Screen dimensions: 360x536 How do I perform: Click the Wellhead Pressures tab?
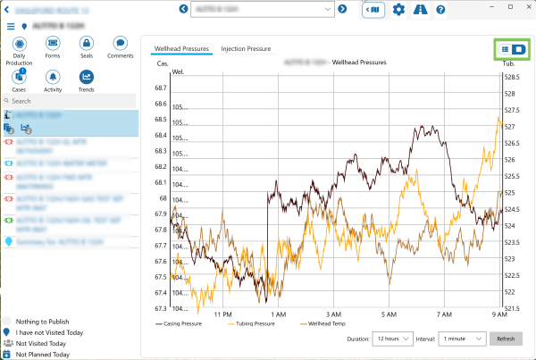click(x=181, y=48)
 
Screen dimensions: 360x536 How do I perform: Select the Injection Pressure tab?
click(x=246, y=48)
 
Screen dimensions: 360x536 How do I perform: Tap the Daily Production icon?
click(x=20, y=43)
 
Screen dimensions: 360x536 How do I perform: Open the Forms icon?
click(x=53, y=43)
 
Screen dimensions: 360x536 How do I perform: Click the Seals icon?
click(x=87, y=43)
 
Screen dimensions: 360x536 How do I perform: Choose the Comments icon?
click(x=120, y=43)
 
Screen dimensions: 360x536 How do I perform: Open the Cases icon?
click(x=20, y=77)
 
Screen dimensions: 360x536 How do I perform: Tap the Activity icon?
click(x=53, y=77)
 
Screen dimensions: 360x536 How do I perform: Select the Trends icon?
click(x=87, y=77)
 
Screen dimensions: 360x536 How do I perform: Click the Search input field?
click(x=71, y=101)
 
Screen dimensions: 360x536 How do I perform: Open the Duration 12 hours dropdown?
click(x=394, y=339)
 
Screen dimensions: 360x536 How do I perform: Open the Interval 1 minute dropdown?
click(x=462, y=339)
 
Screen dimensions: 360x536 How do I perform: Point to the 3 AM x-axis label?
click(x=334, y=314)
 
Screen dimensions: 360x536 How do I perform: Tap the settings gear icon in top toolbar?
click(x=398, y=9)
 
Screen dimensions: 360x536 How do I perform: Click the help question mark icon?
click(x=440, y=9)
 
